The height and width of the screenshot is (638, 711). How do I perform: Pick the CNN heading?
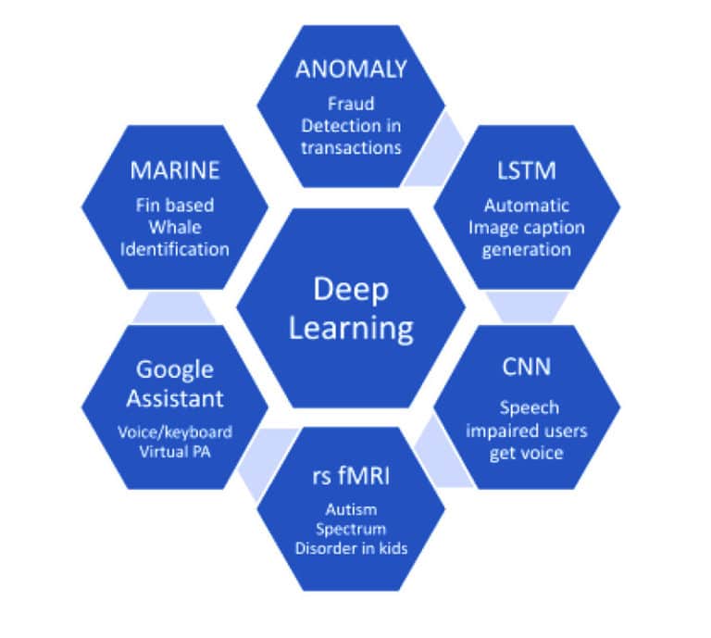[526, 367]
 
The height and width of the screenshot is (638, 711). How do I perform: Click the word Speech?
[526, 407]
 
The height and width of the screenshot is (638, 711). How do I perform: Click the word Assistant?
[175, 398]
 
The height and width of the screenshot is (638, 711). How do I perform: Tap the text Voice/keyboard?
[175, 432]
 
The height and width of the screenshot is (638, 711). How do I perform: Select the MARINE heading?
[175, 170]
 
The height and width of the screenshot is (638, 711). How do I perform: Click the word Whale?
[175, 228]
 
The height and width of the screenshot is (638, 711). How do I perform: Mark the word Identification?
[175, 249]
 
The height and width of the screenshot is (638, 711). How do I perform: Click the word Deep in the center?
[350, 290]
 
